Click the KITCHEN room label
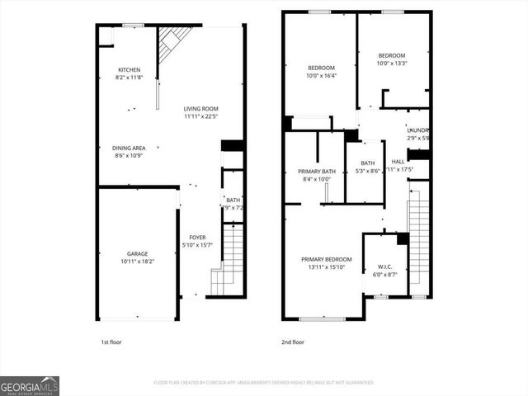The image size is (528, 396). pos(129,69)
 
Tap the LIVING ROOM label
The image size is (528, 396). pos(200,108)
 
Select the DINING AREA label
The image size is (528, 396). pos(129,148)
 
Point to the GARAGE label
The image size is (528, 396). pos(137,253)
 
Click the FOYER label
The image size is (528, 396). pos(197,238)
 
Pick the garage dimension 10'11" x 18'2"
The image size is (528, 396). pos(137,262)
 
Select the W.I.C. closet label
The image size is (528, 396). pos(384,266)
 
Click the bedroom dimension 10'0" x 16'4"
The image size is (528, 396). pos(321,76)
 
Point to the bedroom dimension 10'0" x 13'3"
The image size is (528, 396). pos(392,64)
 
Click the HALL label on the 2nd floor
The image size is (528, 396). pos(398,162)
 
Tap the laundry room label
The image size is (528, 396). pos(418,130)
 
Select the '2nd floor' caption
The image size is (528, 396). pos(293,342)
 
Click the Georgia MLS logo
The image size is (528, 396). pos(30,385)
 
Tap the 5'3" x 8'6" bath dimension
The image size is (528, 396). pos(367,171)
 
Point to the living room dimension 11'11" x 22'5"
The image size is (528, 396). pos(200,116)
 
